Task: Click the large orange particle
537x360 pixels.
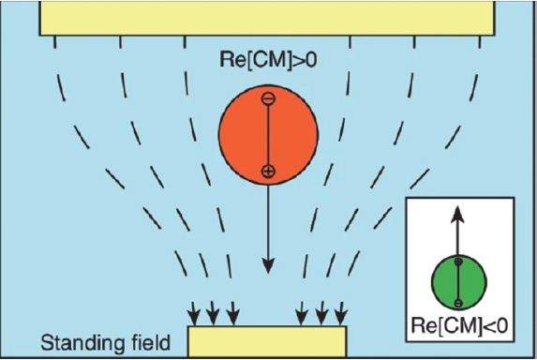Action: (x=268, y=135)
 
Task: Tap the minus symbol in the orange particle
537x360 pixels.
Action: (x=268, y=98)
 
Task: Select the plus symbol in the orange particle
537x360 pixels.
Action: (x=268, y=171)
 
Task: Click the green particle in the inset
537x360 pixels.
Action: (x=459, y=282)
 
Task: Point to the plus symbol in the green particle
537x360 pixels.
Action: (x=458, y=262)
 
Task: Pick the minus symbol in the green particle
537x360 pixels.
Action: (x=458, y=303)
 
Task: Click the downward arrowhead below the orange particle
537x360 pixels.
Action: (x=268, y=266)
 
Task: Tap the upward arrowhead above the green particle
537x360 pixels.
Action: (x=457, y=215)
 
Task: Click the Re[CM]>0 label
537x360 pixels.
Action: (x=268, y=60)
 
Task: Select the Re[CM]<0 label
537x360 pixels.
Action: (x=459, y=325)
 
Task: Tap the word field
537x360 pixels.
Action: (x=151, y=342)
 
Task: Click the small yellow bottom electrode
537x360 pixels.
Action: (x=267, y=341)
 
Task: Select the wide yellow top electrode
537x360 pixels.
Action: (x=267, y=18)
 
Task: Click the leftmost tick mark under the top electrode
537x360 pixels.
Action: (x=54, y=42)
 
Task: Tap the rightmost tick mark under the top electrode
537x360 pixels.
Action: (x=480, y=42)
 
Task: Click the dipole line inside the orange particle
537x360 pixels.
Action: (x=268, y=135)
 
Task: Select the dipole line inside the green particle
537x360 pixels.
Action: (x=458, y=282)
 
